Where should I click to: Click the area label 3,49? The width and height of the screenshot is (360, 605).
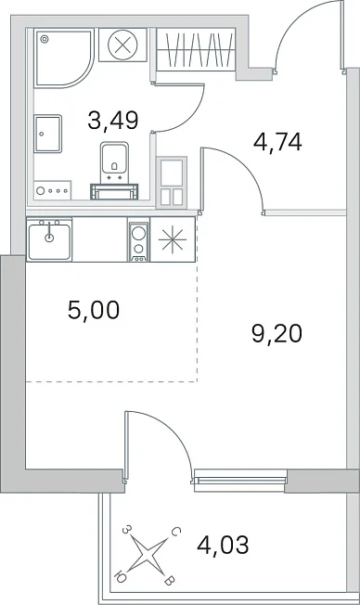[112, 120]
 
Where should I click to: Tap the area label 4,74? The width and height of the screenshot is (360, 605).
[277, 142]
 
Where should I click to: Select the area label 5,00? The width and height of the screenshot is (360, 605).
[94, 310]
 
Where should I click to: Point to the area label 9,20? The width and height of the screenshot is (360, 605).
[276, 334]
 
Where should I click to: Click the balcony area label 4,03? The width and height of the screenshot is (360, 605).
[223, 545]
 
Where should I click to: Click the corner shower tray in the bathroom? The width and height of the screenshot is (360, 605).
[63, 58]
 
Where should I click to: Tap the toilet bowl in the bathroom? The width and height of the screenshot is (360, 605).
[114, 162]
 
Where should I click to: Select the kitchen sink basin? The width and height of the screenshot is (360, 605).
[49, 239]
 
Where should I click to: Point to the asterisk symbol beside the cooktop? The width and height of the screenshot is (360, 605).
[173, 240]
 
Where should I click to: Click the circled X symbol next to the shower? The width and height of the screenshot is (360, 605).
[122, 45]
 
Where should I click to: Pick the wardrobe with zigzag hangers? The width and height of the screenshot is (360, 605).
[196, 49]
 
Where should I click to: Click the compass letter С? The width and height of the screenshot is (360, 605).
[174, 533]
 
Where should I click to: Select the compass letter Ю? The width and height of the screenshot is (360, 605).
[120, 577]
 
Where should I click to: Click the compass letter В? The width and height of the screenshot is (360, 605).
[170, 581]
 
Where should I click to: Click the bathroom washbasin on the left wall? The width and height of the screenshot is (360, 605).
[48, 134]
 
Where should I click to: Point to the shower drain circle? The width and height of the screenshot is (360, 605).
[45, 39]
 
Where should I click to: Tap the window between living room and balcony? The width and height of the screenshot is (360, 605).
[240, 480]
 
